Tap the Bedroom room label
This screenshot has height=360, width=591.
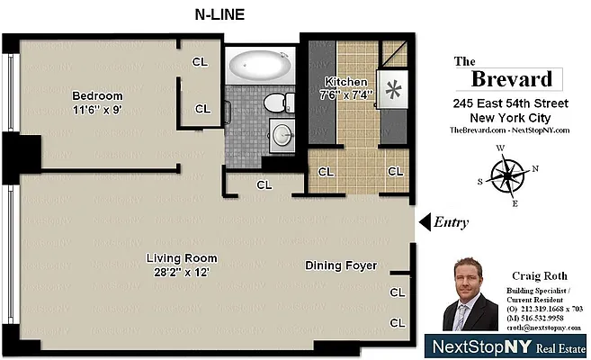click(x=98, y=95)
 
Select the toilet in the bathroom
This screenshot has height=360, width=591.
click(x=281, y=102)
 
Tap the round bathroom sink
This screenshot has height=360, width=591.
click(x=282, y=136)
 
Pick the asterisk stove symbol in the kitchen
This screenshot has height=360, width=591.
click(x=392, y=90)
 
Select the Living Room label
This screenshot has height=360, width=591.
click(x=182, y=259)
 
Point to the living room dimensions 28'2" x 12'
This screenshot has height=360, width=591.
click(x=182, y=273)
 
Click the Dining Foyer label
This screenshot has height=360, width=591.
click(x=341, y=265)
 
